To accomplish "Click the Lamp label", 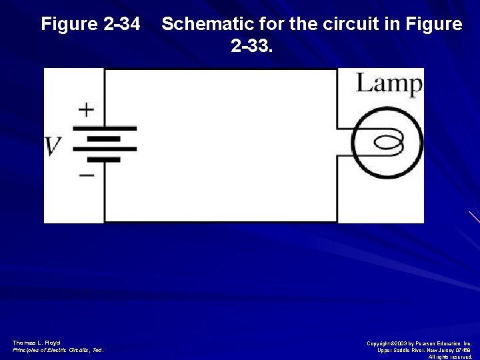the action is pos(389,84).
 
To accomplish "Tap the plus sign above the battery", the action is pos(86,109).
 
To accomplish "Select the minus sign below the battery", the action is pos(87,175).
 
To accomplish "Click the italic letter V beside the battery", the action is pos(53,146).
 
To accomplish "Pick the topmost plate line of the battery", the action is pos(104,128).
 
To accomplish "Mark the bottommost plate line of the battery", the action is pos(104,160).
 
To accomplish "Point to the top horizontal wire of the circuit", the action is pos(220,69).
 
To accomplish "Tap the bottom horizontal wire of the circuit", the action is pos(220,221).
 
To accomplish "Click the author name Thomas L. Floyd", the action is pos(36,343).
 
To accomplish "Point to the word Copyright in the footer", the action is pos(381,343).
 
